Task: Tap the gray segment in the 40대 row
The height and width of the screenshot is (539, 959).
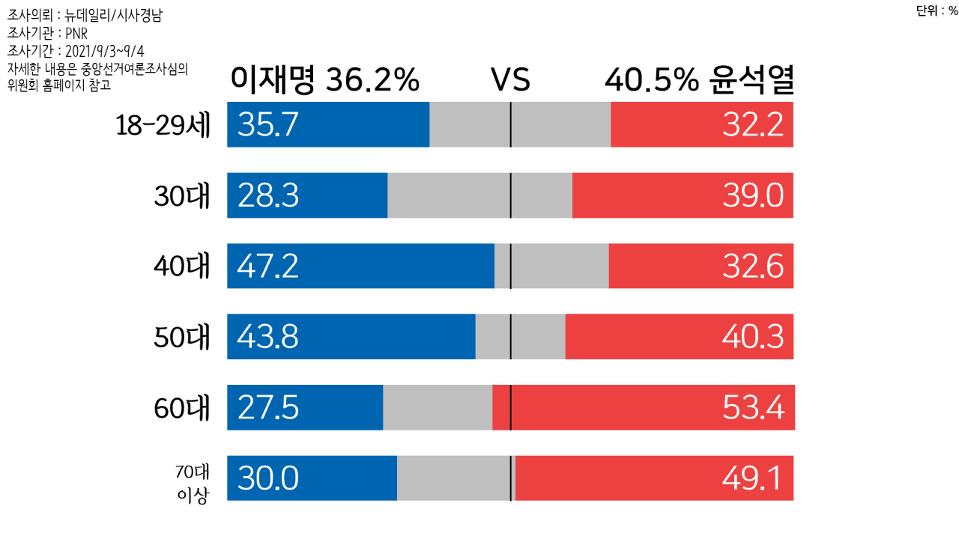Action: tap(551, 266)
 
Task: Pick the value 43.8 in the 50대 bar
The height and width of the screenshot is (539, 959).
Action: tap(267, 337)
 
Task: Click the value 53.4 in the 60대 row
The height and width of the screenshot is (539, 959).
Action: tap(753, 408)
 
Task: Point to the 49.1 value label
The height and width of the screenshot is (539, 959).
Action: tap(753, 478)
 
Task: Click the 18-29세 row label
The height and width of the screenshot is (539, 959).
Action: tap(163, 125)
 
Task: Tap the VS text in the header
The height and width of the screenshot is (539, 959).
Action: tap(510, 80)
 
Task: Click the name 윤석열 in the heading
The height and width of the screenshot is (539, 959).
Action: tap(751, 80)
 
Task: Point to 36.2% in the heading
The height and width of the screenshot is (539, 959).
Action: tap(372, 80)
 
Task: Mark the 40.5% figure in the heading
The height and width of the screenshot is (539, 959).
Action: tap(651, 80)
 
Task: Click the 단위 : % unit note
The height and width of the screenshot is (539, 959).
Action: tap(937, 10)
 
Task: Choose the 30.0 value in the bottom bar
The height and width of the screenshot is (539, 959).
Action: tap(267, 478)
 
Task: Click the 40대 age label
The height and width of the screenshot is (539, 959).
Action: tap(182, 267)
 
